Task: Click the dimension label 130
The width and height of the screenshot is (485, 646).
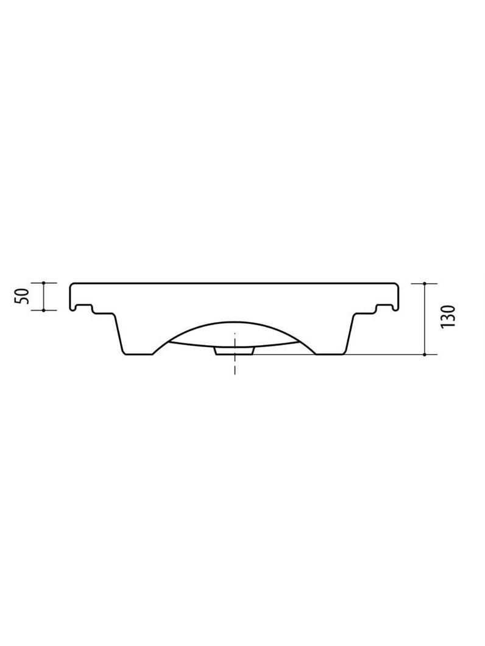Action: coord(448,317)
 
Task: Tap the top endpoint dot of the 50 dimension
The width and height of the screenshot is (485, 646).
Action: coord(44,283)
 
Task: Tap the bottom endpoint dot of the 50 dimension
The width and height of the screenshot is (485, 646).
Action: coord(44,310)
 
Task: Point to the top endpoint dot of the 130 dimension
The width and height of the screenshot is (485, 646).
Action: coord(424,283)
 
